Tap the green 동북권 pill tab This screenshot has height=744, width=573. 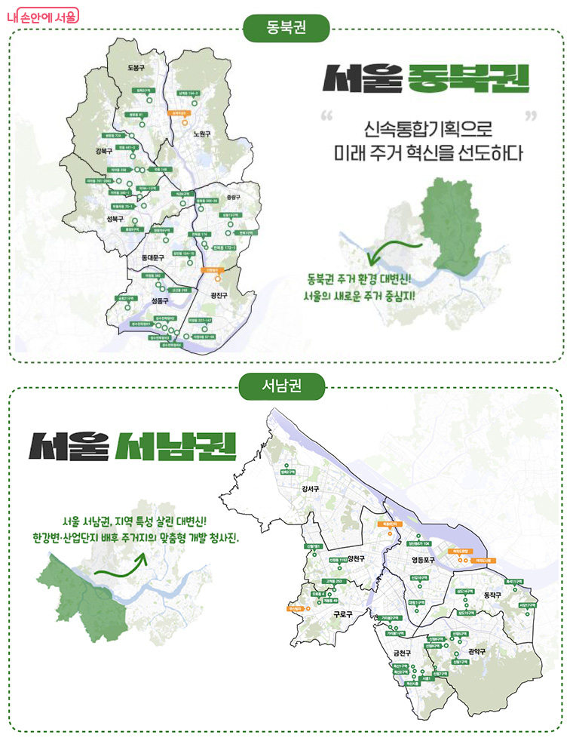click(286, 29)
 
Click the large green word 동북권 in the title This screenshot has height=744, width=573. click(467, 78)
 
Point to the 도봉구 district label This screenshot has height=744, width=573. click(136, 68)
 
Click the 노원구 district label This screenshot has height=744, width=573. click(201, 133)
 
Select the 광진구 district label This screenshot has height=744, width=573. click(219, 295)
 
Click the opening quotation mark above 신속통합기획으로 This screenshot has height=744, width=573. click(326, 118)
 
